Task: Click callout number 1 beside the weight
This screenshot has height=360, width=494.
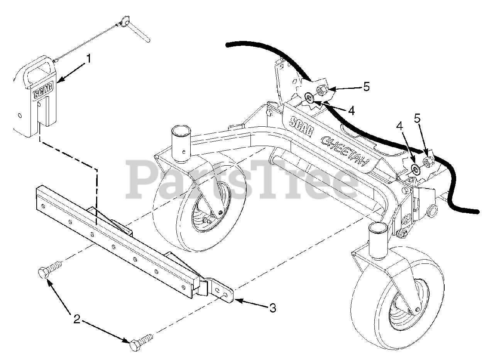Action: tap(89, 59)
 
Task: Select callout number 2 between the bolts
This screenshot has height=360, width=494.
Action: tap(77, 319)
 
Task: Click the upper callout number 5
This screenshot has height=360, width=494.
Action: tap(366, 87)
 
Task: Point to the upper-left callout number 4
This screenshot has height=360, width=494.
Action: tap(351, 110)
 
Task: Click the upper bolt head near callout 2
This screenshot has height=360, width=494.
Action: tap(43, 272)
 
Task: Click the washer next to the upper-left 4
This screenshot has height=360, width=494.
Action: tap(309, 96)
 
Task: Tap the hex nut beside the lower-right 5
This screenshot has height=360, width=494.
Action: tap(427, 161)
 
